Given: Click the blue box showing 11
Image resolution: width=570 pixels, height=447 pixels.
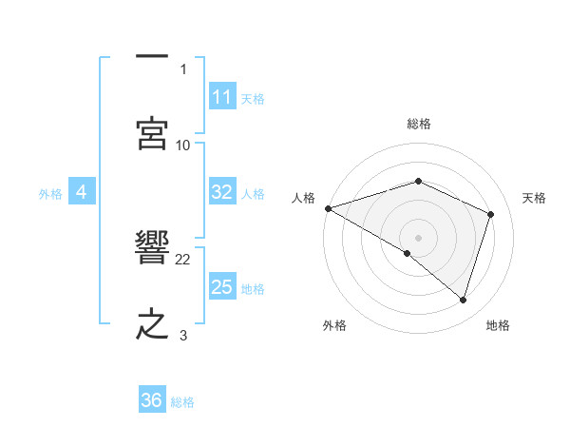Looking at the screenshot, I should pos(222,97).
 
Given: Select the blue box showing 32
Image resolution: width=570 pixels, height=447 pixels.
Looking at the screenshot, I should pos(222,192).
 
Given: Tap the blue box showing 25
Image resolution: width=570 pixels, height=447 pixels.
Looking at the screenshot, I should pos(222,287).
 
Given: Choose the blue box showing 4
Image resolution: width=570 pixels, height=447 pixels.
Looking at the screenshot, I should pos(82,192).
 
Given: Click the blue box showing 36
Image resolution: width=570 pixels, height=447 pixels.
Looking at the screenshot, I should pos(152,400).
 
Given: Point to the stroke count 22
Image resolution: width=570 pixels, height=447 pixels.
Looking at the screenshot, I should pos(183,259).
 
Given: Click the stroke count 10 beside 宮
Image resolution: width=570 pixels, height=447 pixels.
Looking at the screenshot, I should pos(183,145).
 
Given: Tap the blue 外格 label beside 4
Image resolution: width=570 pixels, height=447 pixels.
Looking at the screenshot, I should pos(50,193).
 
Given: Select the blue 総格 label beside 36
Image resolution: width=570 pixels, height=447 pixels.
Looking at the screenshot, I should pos(182,401).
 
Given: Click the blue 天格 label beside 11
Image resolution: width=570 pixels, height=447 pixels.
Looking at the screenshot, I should pos(253,98).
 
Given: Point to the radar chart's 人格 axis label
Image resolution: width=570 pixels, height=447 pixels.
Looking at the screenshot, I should pos(303,198).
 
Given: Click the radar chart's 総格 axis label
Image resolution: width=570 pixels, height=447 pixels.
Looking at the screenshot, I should pos(418,124).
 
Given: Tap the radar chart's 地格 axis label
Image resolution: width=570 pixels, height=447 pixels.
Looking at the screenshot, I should pos(498,325).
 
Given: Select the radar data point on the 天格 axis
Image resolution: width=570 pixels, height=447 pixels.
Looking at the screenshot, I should pos(491,214).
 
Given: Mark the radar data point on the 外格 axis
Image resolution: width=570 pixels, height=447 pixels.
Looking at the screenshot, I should pos(408,253).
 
